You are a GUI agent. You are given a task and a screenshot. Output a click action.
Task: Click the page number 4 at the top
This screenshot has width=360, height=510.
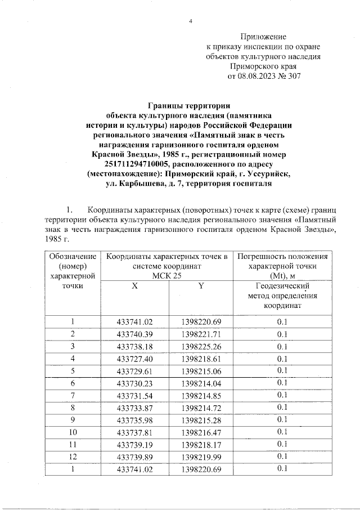coord(190,21)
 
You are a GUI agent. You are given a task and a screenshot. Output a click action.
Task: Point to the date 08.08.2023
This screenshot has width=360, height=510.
coord(258,76)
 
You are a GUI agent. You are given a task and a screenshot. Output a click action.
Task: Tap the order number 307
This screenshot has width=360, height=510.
coord(294,76)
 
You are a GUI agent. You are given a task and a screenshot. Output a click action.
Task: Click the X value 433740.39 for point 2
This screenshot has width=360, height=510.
coord(135,334)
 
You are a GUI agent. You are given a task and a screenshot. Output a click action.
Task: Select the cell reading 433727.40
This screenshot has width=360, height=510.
coord(135,358)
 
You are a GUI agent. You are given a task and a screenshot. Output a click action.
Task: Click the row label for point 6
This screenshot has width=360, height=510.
coord(73,383)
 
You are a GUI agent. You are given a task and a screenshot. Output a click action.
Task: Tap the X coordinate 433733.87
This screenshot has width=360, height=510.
coord(135,407)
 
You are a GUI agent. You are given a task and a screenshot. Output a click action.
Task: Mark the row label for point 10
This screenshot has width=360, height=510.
coord(73,432)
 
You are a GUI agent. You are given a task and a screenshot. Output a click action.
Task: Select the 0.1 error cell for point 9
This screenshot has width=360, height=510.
coord(282,419)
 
